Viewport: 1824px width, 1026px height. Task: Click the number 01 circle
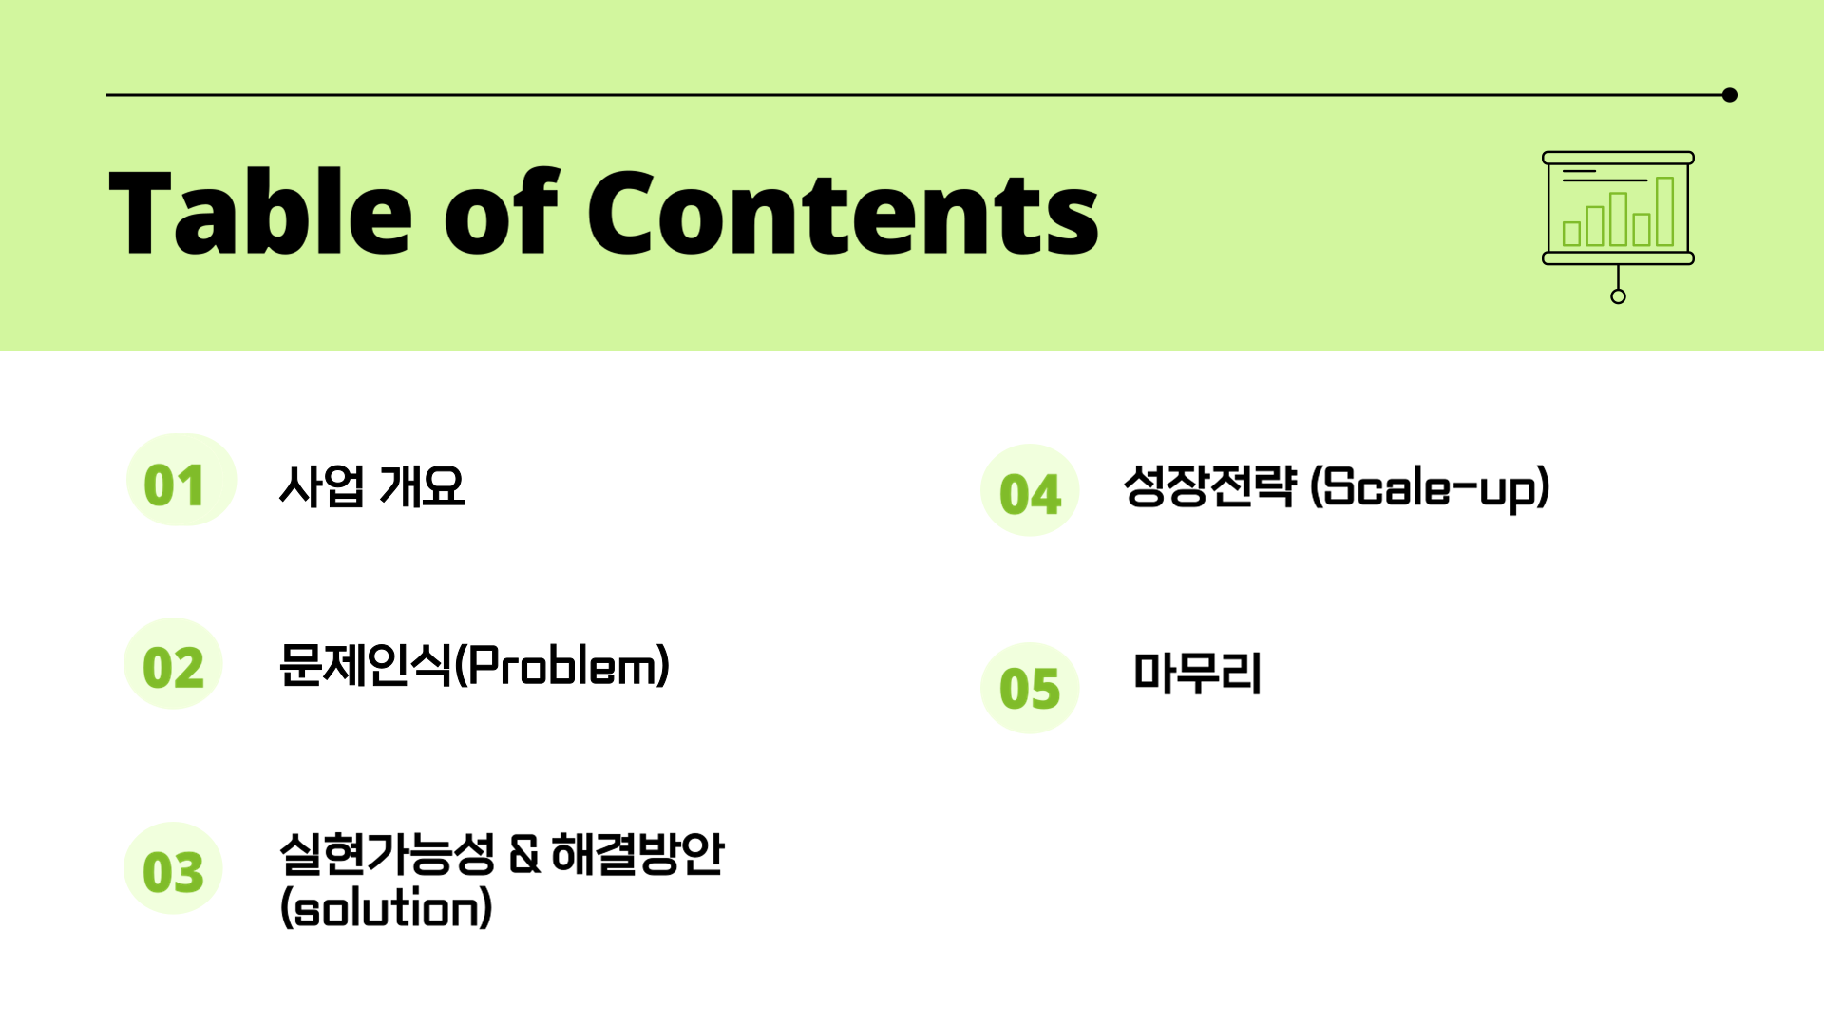180,480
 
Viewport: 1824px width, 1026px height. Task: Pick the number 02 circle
173,663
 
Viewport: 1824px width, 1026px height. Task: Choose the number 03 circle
173,868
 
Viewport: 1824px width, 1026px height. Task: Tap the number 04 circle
1030,490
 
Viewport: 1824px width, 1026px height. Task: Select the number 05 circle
1030,688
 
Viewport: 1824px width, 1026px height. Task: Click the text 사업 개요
371,486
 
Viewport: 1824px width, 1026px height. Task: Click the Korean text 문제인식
366,664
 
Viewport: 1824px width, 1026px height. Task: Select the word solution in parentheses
387,908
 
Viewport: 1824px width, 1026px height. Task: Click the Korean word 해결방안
637,853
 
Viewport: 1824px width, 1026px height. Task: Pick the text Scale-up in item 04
1430,487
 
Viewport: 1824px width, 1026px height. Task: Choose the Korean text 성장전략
1209,485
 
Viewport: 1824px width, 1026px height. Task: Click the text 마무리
1197,673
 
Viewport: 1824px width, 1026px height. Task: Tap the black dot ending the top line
1730,95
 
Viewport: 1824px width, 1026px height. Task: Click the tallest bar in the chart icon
1664,211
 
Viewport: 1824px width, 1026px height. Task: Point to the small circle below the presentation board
1618,296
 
